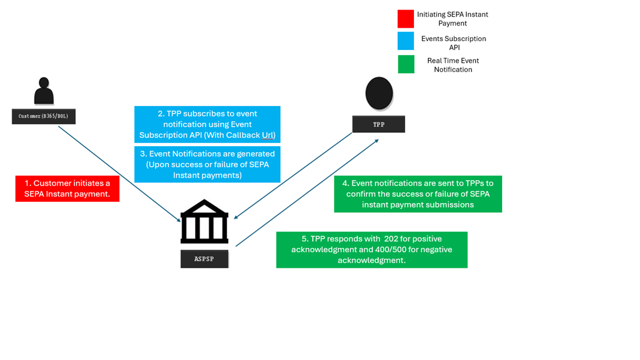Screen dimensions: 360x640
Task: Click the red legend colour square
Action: (x=406, y=19)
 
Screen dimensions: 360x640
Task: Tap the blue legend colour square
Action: (x=406, y=41)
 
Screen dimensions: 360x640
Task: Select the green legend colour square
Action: (x=406, y=64)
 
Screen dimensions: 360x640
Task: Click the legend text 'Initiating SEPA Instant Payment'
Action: (x=452, y=19)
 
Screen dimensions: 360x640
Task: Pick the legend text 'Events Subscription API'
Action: (x=453, y=43)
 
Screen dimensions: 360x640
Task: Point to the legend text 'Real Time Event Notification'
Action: (x=453, y=65)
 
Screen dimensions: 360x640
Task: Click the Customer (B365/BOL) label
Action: (x=43, y=116)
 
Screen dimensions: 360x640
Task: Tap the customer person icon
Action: (x=44, y=92)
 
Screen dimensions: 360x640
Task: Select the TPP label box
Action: (x=378, y=124)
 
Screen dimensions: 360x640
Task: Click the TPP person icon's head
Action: (x=379, y=93)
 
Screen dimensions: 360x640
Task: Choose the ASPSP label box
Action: (x=204, y=259)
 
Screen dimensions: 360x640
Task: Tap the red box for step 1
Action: (x=67, y=188)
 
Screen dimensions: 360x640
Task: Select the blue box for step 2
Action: (x=207, y=124)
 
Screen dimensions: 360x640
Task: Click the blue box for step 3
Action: (x=207, y=164)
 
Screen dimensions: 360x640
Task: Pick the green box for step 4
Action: (x=418, y=194)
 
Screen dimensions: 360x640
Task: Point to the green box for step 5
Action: (x=372, y=249)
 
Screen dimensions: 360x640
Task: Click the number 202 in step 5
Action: (x=392, y=239)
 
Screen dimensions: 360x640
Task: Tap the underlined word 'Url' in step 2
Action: (x=268, y=136)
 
